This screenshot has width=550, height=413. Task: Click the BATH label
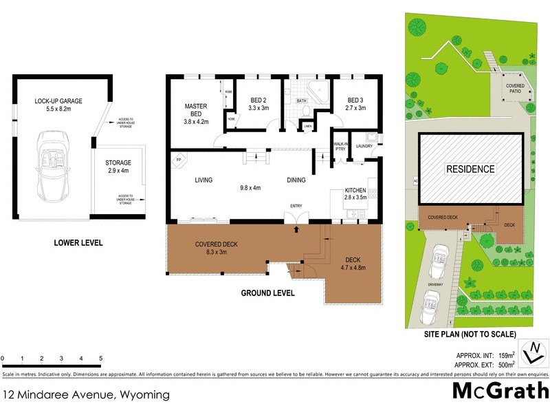click(301, 101)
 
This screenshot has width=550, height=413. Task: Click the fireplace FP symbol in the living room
click(179, 160)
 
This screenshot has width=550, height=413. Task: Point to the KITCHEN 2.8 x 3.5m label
click(356, 193)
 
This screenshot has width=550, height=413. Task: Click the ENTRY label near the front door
click(296, 205)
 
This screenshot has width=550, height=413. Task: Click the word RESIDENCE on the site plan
click(470, 169)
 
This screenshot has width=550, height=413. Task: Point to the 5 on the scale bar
click(101, 359)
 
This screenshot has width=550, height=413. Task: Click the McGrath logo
click(500, 392)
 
